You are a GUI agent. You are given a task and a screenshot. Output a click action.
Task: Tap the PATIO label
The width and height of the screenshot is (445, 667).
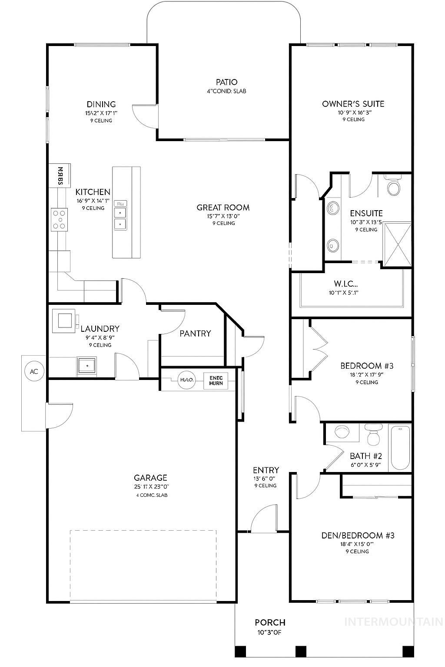pos(226,82)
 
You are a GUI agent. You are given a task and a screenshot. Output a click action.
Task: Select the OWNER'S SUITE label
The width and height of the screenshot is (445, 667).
pos(353,104)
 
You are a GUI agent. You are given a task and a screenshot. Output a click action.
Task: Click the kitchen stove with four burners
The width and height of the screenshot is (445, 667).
pos(60,219)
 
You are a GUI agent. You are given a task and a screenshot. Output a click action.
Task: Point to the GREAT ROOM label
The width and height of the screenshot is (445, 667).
pos(223,208)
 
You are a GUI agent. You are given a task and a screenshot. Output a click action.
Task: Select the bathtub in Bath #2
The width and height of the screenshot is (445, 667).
pos(400,448)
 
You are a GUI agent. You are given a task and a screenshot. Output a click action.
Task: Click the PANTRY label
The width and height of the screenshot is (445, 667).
pos(195,333)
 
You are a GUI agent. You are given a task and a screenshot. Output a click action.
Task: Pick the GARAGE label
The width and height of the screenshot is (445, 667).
pos(150,478)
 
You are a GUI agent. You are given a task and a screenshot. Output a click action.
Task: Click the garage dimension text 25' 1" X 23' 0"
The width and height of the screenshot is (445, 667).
pos(151,487)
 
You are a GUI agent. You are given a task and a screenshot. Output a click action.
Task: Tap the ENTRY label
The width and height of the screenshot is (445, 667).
pos(266,470)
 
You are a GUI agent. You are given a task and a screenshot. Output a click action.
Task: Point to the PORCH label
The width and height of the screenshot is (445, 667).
pos(270,623)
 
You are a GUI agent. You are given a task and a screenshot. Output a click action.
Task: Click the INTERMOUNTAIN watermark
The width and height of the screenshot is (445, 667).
pos(393,622)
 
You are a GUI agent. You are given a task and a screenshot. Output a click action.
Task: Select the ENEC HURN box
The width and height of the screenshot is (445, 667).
pos(216,380)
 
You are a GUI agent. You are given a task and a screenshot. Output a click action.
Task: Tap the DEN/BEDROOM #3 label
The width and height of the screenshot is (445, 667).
pos(357,535)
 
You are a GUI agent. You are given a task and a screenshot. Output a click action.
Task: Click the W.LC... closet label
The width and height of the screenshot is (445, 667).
pos(343,284)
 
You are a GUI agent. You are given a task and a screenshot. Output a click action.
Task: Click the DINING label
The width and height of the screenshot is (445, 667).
pos(101,104)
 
